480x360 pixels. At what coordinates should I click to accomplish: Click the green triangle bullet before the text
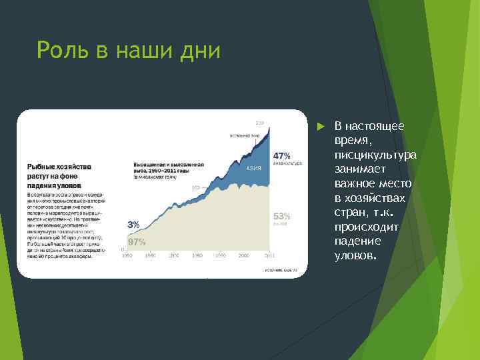click(321, 126)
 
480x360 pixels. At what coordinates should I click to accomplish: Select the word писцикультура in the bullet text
click(375, 155)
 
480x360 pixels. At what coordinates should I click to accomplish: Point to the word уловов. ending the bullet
click(356, 255)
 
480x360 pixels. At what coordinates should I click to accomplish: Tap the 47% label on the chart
click(281, 155)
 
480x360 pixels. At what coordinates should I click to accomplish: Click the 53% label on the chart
click(281, 216)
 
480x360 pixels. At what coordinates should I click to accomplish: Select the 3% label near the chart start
click(133, 225)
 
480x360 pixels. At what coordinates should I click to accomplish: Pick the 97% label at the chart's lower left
click(137, 242)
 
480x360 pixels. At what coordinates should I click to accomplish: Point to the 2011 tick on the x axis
click(269, 255)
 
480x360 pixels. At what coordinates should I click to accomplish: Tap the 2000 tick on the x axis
click(244, 255)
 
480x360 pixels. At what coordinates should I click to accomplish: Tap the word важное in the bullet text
click(355, 183)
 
